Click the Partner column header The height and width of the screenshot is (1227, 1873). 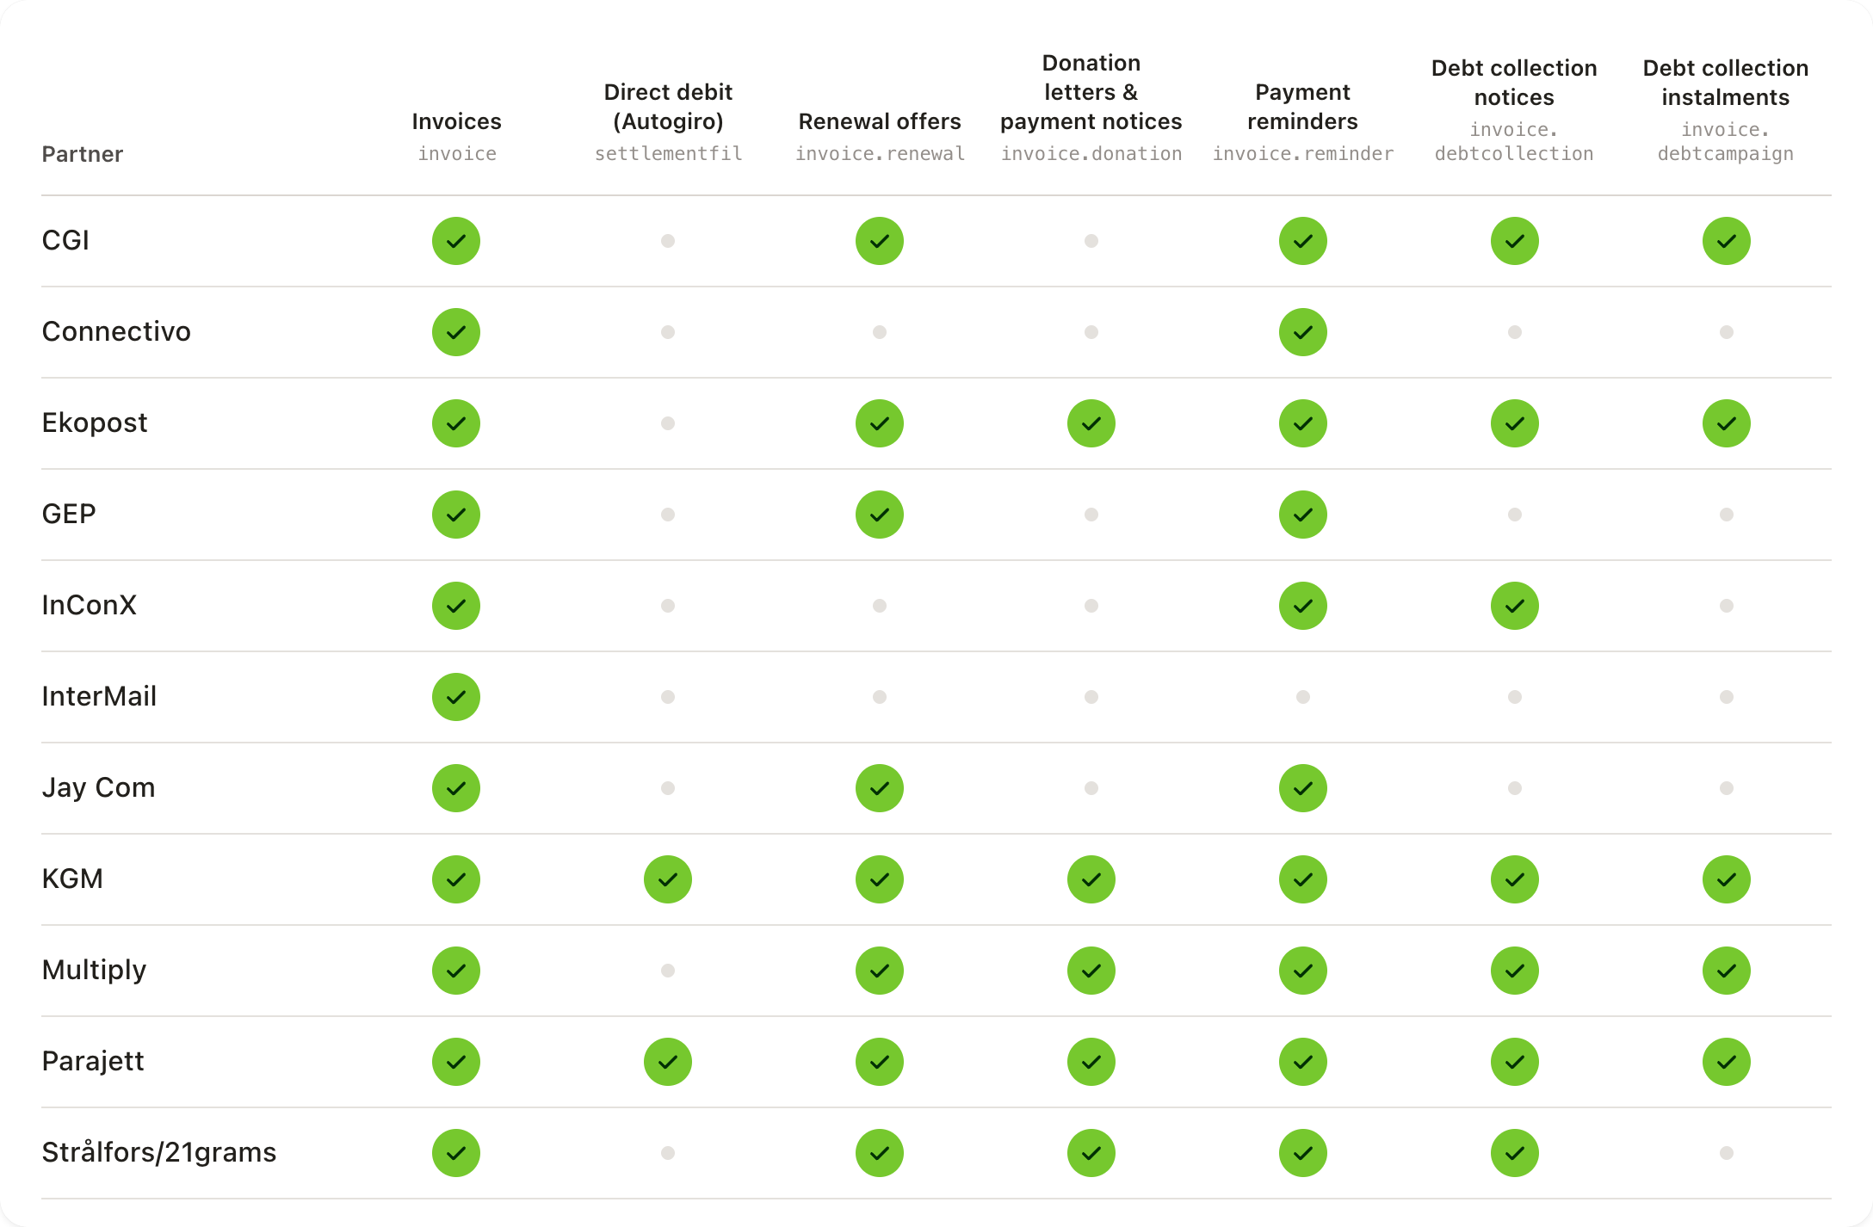pos(83,154)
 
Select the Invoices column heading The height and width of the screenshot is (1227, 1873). pos(456,121)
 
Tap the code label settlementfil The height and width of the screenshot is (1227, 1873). pos(668,154)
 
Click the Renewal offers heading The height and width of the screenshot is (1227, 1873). pos(880,121)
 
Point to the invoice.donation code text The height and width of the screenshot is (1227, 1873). pos(1091,154)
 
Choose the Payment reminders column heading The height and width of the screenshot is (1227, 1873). pos(1303,107)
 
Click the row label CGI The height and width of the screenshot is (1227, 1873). pos(65,240)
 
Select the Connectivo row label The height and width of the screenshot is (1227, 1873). pos(116,331)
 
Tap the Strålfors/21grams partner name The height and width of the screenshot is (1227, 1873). pos(159,1152)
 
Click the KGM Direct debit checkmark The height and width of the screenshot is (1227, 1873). pos(668,879)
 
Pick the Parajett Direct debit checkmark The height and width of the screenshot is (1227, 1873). pos(668,1062)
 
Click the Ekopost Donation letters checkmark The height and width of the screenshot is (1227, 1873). pos(1091,423)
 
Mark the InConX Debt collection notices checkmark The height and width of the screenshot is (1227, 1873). pos(1515,606)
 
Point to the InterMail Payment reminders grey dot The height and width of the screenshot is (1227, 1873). pos(1303,697)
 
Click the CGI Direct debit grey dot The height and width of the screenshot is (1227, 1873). pos(668,241)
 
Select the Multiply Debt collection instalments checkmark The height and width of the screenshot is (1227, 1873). pos(1727,971)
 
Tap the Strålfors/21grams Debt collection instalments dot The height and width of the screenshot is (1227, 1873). pos(1727,1153)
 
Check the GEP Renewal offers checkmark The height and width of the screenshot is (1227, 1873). pos(880,515)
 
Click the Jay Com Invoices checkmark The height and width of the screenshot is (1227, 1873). pos(456,788)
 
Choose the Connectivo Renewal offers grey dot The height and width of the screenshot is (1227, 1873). pos(880,332)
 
